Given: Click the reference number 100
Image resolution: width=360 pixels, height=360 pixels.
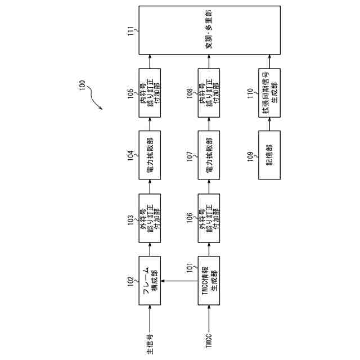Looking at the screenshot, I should tap(82, 85).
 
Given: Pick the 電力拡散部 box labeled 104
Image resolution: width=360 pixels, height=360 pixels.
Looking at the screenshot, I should tap(150, 154).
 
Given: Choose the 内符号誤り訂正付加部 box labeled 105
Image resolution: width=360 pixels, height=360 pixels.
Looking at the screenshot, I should tap(150, 93).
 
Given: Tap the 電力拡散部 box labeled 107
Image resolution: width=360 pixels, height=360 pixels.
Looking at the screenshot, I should tap(209, 154).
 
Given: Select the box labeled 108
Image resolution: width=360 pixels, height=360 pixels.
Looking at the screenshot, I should tap(209, 93).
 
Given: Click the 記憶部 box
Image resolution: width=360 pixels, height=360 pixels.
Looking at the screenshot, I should tap(269, 154).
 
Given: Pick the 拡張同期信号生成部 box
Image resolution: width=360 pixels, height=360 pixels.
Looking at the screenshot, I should tap(269, 93).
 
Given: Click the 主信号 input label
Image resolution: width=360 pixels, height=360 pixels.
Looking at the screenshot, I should tap(150, 341).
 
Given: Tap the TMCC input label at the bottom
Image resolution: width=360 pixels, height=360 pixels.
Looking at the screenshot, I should tap(209, 343).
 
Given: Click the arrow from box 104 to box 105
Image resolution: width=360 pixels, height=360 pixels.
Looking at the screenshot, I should tap(150, 124).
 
